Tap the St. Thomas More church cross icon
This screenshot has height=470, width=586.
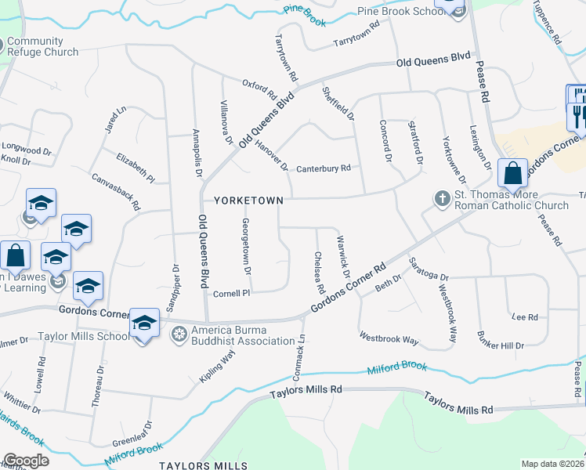(442, 199)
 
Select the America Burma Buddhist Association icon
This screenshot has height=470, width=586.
(179, 334)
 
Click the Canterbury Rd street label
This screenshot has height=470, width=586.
(323, 168)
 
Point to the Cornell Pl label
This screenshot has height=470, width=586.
(231, 293)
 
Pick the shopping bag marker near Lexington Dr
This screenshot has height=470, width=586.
(512, 173)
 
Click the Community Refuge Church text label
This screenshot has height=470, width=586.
(42, 47)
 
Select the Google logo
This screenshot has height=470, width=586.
(26, 461)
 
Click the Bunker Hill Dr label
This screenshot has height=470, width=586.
(500, 340)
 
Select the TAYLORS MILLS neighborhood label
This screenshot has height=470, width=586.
(197, 465)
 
